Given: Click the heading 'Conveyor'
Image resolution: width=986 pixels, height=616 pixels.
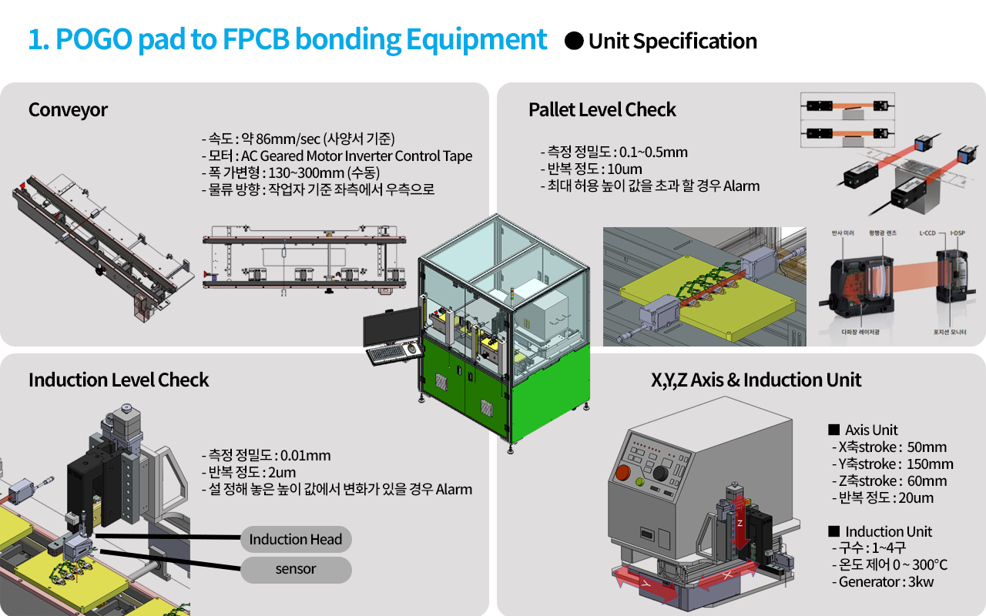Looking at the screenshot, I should pyautogui.click(x=68, y=110).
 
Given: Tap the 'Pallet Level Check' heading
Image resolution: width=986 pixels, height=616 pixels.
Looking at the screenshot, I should pyautogui.click(x=602, y=110).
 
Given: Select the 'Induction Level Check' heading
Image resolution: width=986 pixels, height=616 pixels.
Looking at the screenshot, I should pyautogui.click(x=119, y=380).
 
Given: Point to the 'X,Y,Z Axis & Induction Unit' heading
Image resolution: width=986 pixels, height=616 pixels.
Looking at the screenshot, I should pyautogui.click(x=756, y=380).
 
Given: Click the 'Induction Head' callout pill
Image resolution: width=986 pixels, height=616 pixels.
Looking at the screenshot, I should pyautogui.click(x=296, y=540).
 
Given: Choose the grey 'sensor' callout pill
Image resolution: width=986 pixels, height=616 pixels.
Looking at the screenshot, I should pyautogui.click(x=296, y=570).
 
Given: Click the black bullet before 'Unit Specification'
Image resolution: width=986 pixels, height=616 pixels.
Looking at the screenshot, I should pyautogui.click(x=574, y=41).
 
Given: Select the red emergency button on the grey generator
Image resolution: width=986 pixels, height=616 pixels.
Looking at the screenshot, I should pyautogui.click(x=622, y=472).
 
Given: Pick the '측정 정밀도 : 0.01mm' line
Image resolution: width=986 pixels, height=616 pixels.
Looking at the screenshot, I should pyautogui.click(x=268, y=455).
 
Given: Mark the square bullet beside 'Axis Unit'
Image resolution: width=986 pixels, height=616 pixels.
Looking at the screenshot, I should pyautogui.click(x=833, y=430).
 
